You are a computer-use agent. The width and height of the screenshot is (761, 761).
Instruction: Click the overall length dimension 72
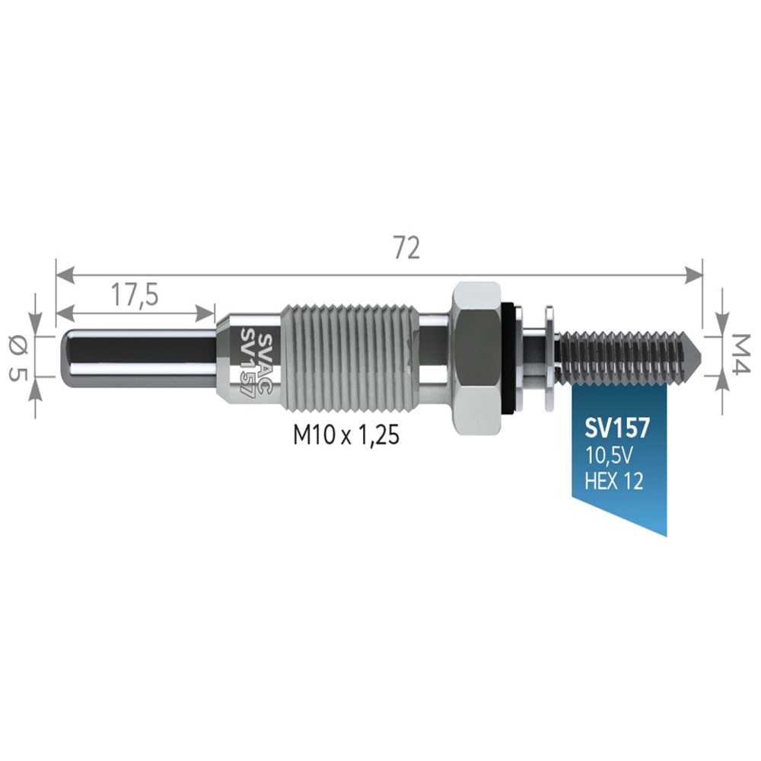tap(406, 248)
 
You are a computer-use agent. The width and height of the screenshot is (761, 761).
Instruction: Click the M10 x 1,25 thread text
tap(346, 435)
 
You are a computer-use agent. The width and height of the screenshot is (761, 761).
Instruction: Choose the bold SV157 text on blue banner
tap(617, 428)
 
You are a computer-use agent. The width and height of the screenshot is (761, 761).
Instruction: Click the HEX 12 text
tap(614, 480)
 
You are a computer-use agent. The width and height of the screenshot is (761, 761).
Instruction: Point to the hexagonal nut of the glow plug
tap(476, 356)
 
